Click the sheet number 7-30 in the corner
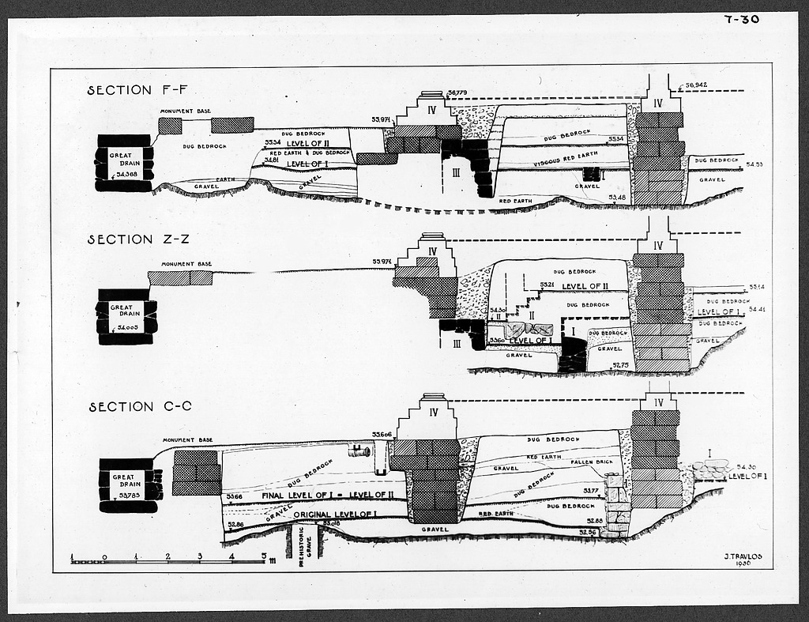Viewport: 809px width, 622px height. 741,19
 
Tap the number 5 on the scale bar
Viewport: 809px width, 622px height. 263,556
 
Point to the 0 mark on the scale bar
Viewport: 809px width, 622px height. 104,556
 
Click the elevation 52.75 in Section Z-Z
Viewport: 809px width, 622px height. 621,365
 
